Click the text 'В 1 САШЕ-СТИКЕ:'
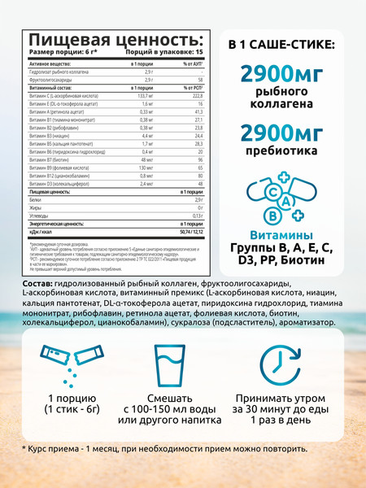tap(285, 43)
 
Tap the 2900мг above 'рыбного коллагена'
tap(285, 74)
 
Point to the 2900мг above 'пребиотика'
tap(285, 131)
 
